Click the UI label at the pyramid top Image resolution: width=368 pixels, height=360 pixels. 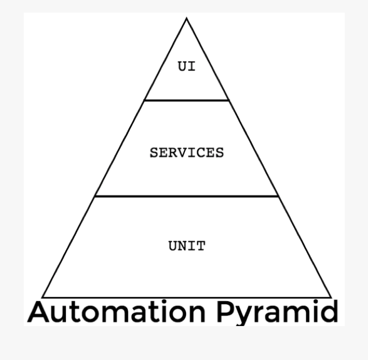tap(187, 66)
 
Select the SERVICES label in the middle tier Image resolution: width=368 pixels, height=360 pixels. tap(187, 153)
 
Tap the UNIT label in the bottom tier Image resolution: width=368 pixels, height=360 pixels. tap(187, 246)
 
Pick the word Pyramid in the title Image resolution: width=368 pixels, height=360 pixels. tap(277, 312)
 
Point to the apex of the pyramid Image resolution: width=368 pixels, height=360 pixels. tap(187, 19)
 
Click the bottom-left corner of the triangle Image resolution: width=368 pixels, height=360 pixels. tap(43, 297)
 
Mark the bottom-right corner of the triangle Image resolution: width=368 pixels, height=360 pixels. tap(331, 297)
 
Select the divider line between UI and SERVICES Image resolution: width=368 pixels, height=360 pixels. tap(187, 100)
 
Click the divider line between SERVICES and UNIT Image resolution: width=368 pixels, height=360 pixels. tap(187, 196)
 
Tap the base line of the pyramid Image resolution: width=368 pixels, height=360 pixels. tap(187, 297)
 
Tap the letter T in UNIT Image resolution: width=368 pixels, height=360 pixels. tap(201, 246)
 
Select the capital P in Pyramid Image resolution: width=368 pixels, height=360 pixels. tap(225, 311)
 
